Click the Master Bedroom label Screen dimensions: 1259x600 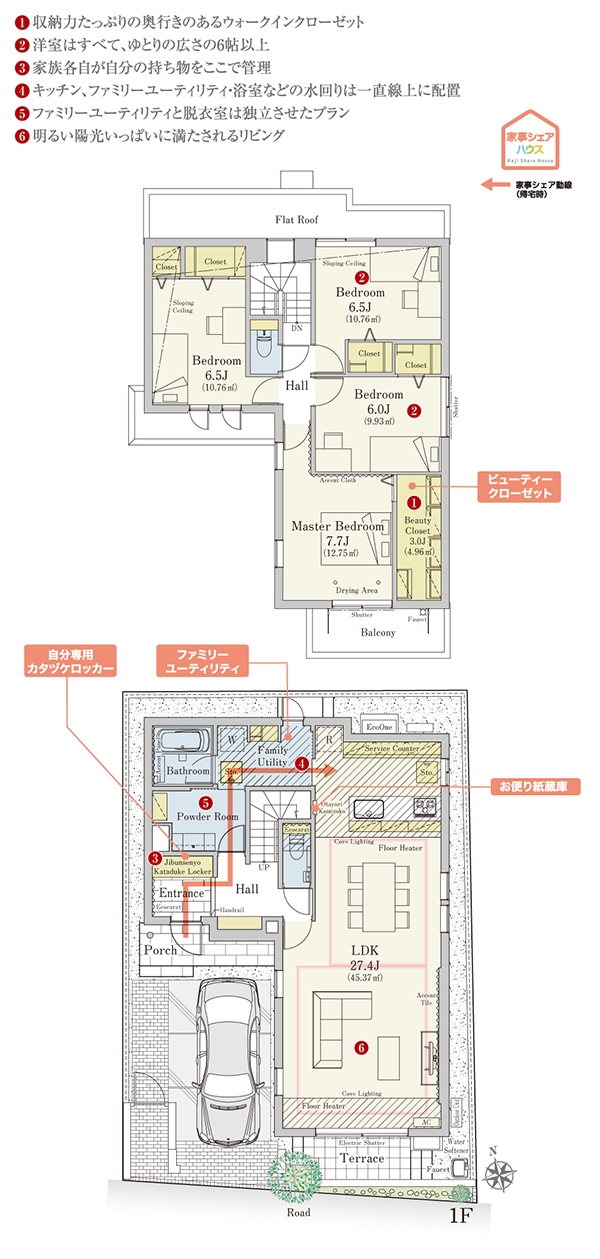338,525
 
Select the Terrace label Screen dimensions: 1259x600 361,1158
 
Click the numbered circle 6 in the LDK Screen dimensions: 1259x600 361,1047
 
